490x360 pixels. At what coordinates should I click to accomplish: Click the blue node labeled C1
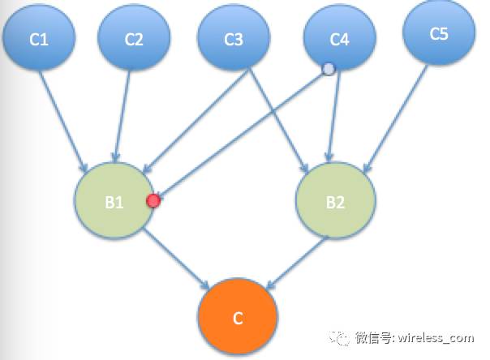point(39,37)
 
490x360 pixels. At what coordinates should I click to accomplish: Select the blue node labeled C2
point(134,37)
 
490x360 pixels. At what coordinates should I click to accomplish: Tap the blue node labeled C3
point(234,38)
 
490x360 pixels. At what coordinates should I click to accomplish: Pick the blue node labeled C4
point(339,39)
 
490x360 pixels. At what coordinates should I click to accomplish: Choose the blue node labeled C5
point(439,33)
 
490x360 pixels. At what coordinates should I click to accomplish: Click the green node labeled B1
point(113,203)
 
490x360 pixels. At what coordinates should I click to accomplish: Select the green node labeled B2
point(335,203)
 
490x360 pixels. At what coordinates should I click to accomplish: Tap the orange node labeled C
point(238,317)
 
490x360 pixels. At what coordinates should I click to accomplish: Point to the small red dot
point(153,200)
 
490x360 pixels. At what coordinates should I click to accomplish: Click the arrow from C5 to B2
point(397,117)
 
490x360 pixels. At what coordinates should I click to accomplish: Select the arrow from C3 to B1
point(198,121)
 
